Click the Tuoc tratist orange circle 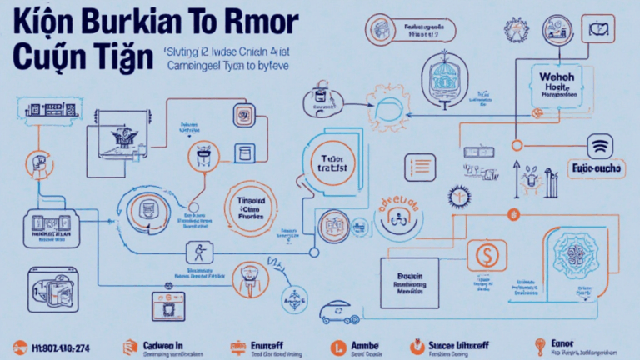tap(331, 162)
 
